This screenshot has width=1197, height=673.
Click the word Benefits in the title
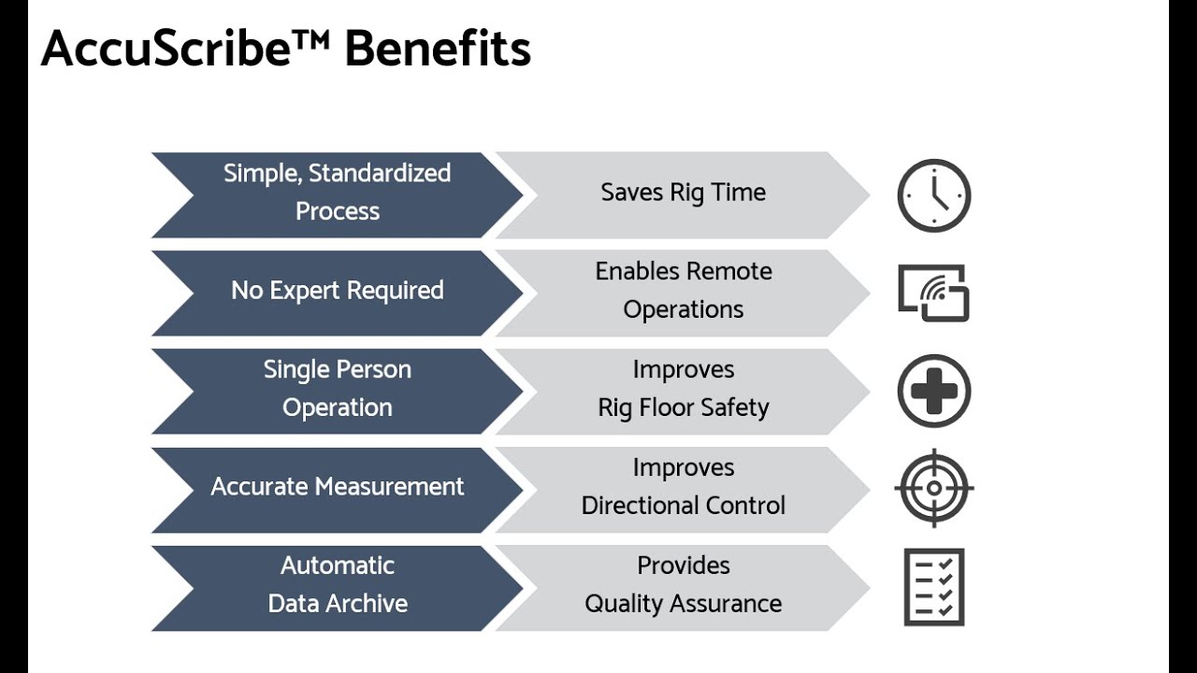(438, 48)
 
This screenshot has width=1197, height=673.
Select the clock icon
(934, 195)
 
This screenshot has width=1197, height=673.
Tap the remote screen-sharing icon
(933, 294)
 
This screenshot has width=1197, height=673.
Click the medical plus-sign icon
(934, 391)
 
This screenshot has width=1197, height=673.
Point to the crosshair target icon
(934, 488)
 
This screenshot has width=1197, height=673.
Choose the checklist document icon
(934, 587)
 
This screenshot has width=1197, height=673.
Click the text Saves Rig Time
(683, 193)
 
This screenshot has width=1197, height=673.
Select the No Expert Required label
(337, 291)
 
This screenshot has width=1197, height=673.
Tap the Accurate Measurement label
(337, 487)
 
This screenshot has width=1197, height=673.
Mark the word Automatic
(337, 566)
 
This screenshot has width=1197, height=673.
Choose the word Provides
(683, 566)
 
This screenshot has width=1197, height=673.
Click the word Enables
(639, 272)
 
